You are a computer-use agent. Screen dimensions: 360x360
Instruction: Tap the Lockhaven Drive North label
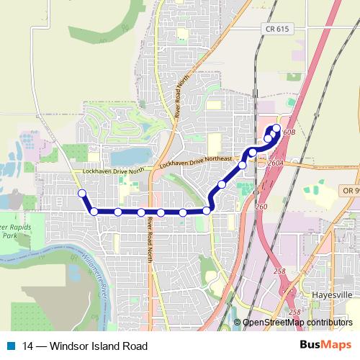tap(114, 171)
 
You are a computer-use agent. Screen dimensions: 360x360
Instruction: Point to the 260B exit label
tap(289, 133)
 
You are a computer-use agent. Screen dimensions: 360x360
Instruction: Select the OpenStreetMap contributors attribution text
tap(297, 323)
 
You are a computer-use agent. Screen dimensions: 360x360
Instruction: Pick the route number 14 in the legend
tap(28, 346)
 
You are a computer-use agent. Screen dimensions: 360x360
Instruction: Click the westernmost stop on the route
tap(82, 193)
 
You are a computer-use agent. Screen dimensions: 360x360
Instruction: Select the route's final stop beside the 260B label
tap(276, 129)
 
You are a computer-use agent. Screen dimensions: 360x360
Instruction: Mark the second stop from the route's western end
tap(94, 212)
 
